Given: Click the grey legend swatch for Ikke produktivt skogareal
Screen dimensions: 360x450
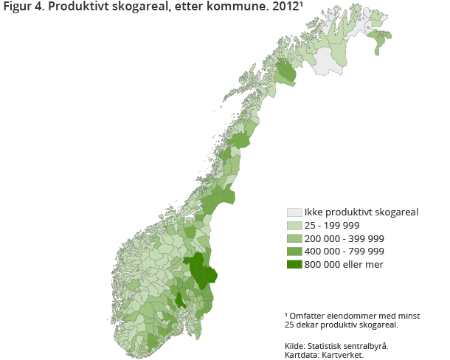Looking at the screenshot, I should tap(295, 212).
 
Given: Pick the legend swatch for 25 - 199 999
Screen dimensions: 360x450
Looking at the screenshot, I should tap(295, 226).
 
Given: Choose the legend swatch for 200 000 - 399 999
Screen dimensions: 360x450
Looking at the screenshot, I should tap(295, 239).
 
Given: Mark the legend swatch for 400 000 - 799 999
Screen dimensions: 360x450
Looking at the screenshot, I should tap(295, 252).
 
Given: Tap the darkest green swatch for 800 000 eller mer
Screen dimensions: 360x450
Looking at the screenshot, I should tap(295, 265).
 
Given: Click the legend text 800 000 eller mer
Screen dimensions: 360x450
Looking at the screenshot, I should tap(345, 265).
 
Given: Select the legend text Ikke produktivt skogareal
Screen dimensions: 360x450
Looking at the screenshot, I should tap(361, 212).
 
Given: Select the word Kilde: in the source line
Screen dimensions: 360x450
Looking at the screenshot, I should tap(297, 345).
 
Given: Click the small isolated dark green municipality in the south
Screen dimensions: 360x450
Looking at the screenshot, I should tap(180, 300).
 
